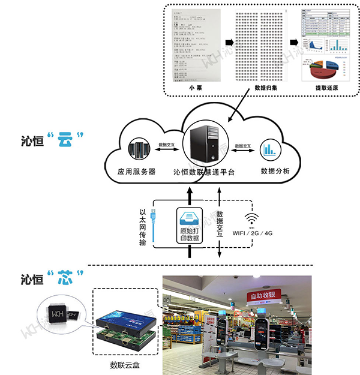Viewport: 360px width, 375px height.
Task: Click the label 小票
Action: coord(194,88)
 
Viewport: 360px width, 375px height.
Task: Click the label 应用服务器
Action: coord(137,172)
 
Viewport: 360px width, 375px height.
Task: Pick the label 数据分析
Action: coord(275,172)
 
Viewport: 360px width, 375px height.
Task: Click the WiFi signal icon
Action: coord(250,217)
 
